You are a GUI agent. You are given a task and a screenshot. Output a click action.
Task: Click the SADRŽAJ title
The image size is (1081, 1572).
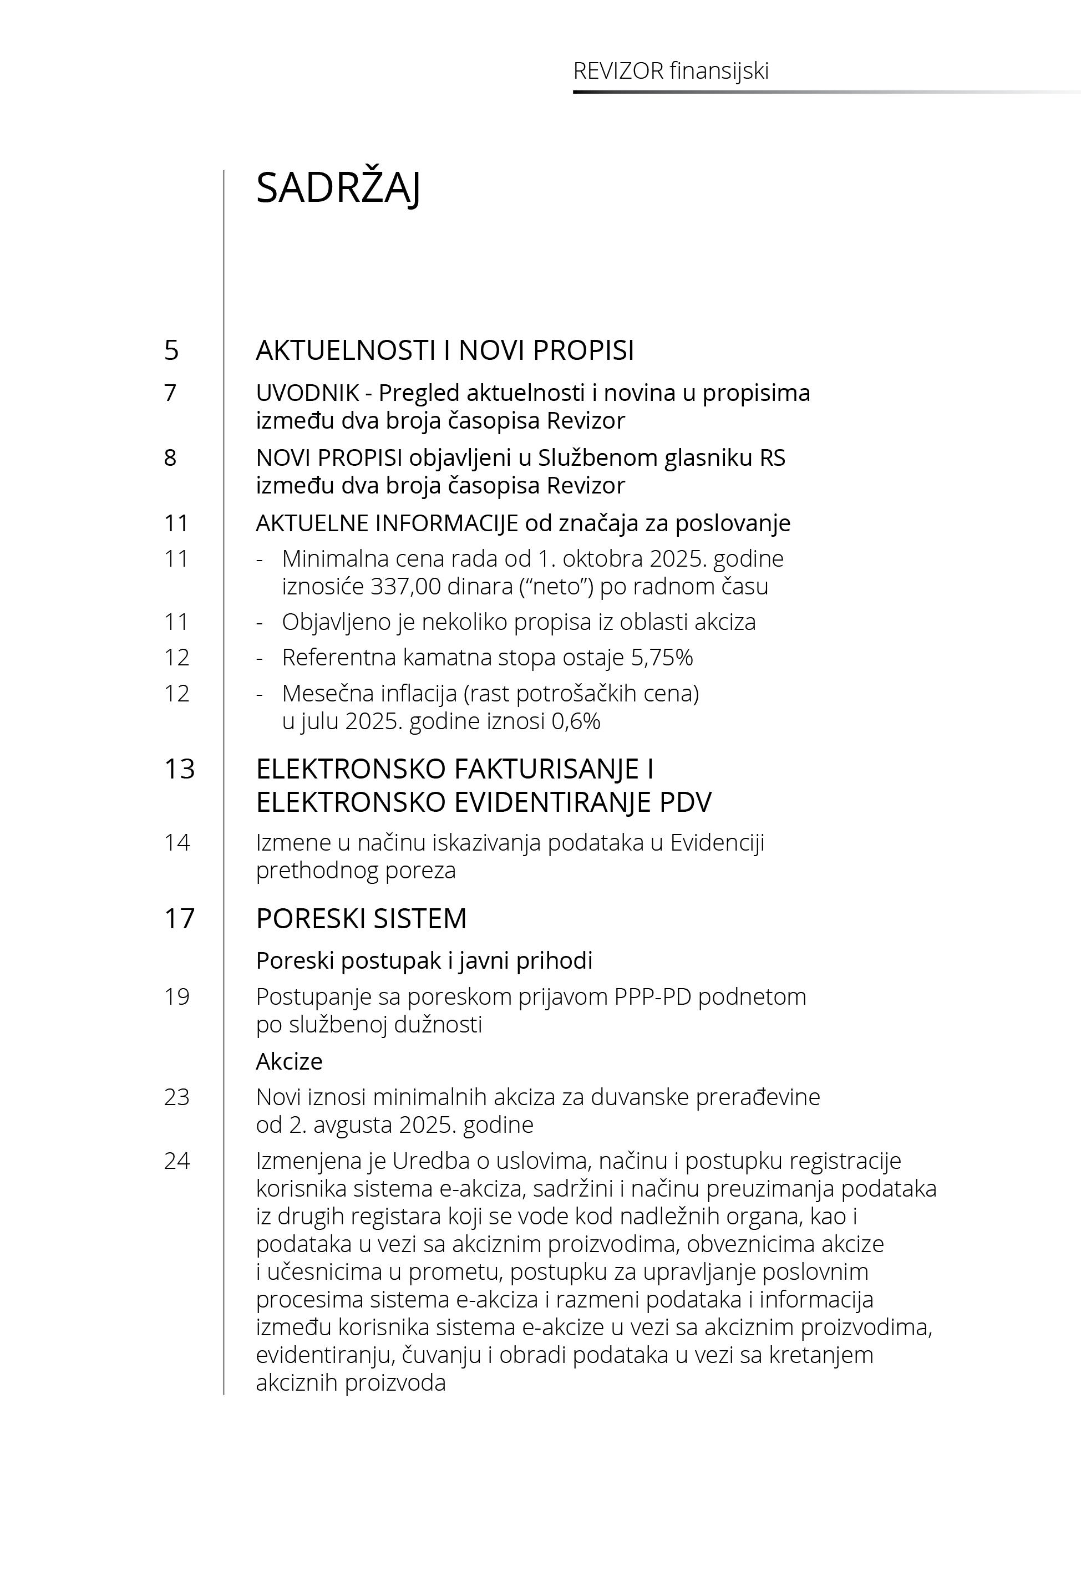(338, 188)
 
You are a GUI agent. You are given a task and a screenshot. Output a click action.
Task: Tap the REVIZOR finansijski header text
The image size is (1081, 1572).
(671, 71)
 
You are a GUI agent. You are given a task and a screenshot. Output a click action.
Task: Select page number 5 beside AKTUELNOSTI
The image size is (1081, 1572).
(171, 350)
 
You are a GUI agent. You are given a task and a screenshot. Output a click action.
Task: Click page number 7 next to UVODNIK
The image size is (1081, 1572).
(170, 393)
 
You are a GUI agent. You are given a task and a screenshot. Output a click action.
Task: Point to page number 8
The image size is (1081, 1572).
(170, 457)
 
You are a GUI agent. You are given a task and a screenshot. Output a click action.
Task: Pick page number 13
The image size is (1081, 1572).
(180, 769)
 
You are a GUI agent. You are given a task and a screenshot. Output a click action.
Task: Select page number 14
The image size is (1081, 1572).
(177, 842)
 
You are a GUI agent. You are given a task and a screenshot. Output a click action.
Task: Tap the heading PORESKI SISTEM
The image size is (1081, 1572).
(361, 919)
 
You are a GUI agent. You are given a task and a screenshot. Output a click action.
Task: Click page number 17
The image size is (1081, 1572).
(180, 919)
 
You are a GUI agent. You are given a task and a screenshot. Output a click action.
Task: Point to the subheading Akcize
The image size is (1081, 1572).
(288, 1061)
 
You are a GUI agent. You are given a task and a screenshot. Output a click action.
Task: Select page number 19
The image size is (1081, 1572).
(177, 996)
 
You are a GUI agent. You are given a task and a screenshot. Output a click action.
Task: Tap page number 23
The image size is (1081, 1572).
(177, 1097)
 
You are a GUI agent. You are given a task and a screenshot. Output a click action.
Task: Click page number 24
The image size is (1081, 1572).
(177, 1161)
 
